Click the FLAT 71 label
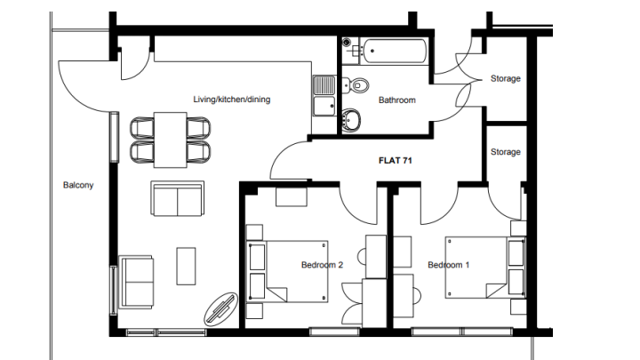coord(395,160)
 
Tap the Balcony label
coord(78,185)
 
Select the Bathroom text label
coord(397,100)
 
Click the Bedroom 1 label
coord(449,265)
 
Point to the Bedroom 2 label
coord(322,265)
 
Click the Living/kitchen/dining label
coord(231,100)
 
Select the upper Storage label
coord(505,78)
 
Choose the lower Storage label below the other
coord(505,152)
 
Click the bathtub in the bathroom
coord(395,51)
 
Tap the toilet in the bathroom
coord(356,85)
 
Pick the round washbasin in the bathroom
coord(351,120)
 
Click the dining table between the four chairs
coord(170,140)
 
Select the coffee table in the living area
coord(186,266)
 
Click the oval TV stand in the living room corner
coord(220,309)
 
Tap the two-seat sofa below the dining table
coord(178,198)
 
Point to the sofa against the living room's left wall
coord(136,282)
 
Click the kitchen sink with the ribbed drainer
coord(324,85)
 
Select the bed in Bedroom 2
coord(289,271)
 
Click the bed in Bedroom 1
coord(484,268)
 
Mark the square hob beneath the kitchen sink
coord(324,106)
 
